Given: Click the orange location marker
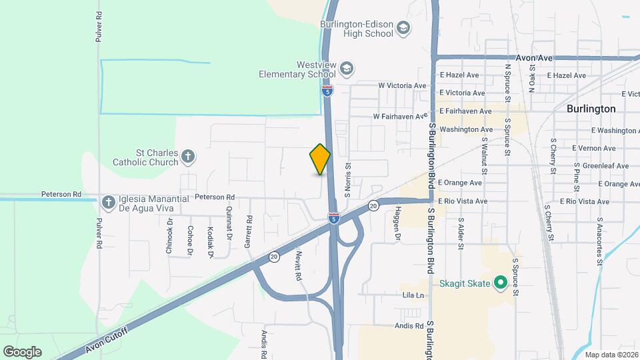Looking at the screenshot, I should tap(320, 159).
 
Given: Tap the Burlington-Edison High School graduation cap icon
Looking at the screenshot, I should tap(403, 28).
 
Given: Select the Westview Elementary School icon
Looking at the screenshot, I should tap(346, 68).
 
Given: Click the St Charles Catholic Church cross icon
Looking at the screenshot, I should tap(188, 157).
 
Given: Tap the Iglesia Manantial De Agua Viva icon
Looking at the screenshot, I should tap(109, 201).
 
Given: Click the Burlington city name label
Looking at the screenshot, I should tap(591, 108).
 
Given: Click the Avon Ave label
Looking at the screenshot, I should tap(534, 58).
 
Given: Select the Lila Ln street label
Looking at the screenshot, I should tap(413, 295).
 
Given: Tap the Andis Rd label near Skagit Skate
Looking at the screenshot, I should tap(409, 326).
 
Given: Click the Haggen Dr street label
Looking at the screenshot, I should tap(397, 223).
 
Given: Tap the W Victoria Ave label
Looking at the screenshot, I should tap(402, 86).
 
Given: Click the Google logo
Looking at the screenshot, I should tap(22, 352).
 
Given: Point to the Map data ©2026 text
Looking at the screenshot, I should tap(611, 355).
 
